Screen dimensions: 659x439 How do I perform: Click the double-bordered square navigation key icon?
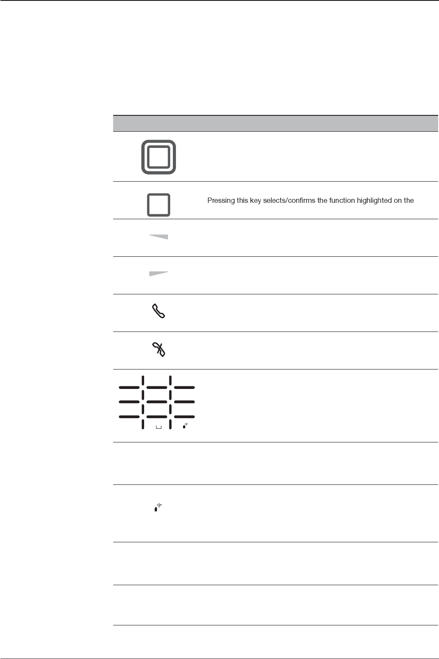[159, 157]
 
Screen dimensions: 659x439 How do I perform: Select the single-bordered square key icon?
[159, 205]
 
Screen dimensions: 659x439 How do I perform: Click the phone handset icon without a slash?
[158, 311]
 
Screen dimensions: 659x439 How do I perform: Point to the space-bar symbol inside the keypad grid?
[159, 427]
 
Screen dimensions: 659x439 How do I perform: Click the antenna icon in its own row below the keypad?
[157, 508]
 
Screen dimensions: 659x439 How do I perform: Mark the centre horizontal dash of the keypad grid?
[157, 402]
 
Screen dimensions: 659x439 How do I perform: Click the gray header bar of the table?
[274, 123]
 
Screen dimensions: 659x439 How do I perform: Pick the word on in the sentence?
[398, 201]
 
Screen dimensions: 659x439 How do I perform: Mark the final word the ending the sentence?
[409, 201]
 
